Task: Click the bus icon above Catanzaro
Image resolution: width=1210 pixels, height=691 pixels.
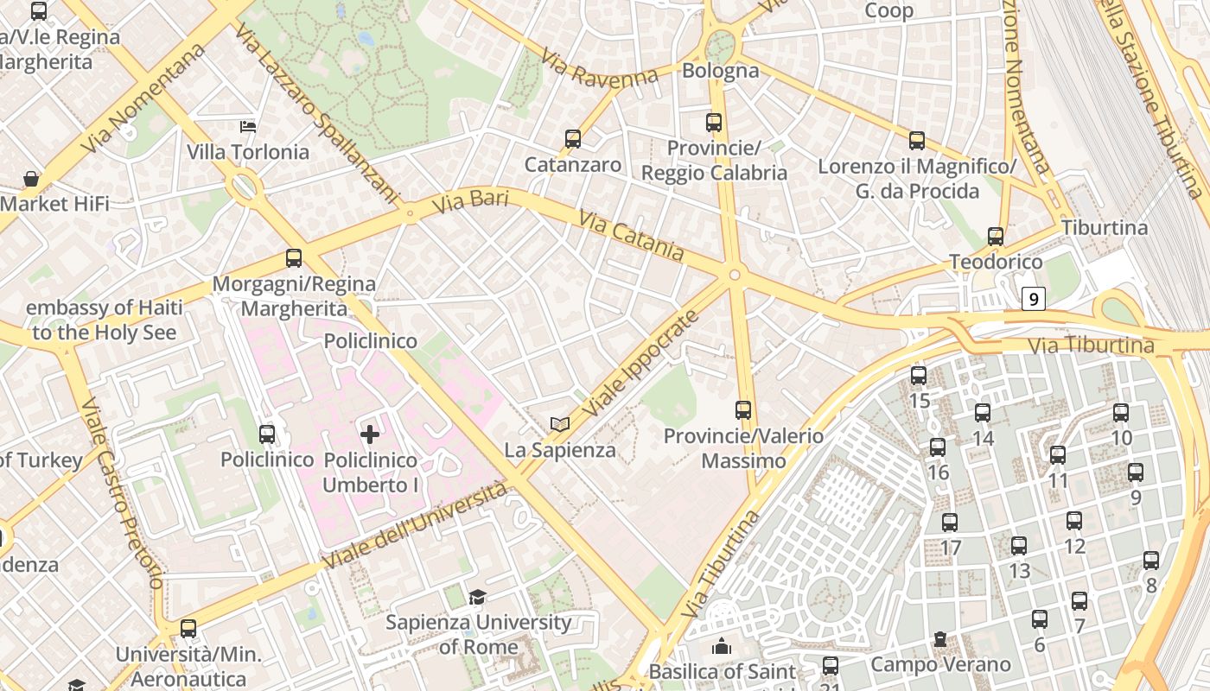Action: coord(572,139)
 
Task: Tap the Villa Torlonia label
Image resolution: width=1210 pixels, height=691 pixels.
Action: coord(248,152)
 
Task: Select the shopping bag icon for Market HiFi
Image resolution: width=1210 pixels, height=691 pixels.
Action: coord(31,179)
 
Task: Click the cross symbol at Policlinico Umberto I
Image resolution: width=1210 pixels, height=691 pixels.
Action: coord(370,434)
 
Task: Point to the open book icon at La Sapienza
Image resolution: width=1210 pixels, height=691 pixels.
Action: coord(560,424)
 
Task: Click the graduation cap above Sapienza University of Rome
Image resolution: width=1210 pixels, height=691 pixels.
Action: coord(477,597)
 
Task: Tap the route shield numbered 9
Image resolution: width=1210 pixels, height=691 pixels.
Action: coord(1034,299)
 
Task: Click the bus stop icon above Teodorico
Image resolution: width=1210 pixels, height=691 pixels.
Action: coord(996,236)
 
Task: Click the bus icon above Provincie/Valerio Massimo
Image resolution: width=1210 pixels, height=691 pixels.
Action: coord(743,409)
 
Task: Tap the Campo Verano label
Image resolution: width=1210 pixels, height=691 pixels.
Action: coord(940,664)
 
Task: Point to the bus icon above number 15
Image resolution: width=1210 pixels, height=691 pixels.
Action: coord(919,375)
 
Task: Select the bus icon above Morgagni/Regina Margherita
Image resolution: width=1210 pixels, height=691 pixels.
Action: coord(294,258)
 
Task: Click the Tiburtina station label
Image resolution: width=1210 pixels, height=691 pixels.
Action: coord(1105,228)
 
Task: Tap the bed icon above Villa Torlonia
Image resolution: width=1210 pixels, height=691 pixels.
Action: coord(248,127)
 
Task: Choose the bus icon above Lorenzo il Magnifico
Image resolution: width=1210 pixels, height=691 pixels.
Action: coord(917,140)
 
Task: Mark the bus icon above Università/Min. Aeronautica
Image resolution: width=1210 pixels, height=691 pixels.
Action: coord(188,629)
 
